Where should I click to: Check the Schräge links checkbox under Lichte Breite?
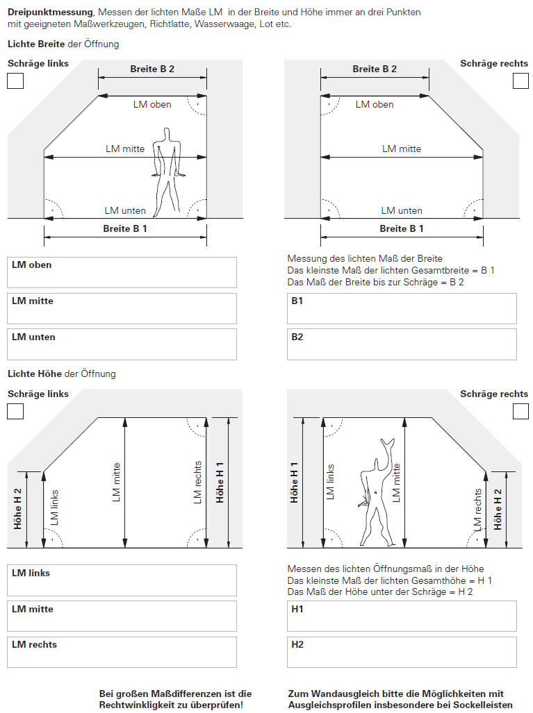15,81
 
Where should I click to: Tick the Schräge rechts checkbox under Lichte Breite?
520,81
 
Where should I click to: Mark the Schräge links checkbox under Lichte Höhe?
15,411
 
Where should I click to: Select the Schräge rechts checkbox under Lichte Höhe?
520,411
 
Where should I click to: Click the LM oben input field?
122,273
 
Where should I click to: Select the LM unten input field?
122,344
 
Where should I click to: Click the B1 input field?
402,309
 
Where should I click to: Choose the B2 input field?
402,344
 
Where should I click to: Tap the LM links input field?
122,580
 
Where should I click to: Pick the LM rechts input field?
122,652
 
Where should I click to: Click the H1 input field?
402,616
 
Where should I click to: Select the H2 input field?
402,652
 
